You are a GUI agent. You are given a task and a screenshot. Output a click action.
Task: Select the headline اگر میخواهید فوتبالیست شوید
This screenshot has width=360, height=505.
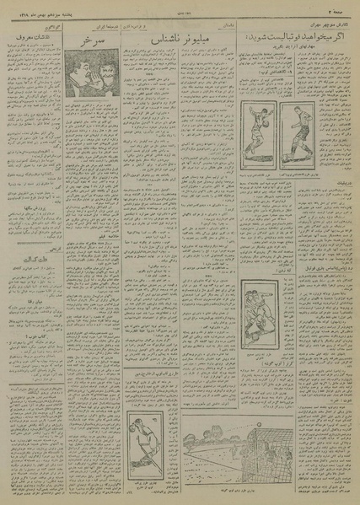click(296, 36)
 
